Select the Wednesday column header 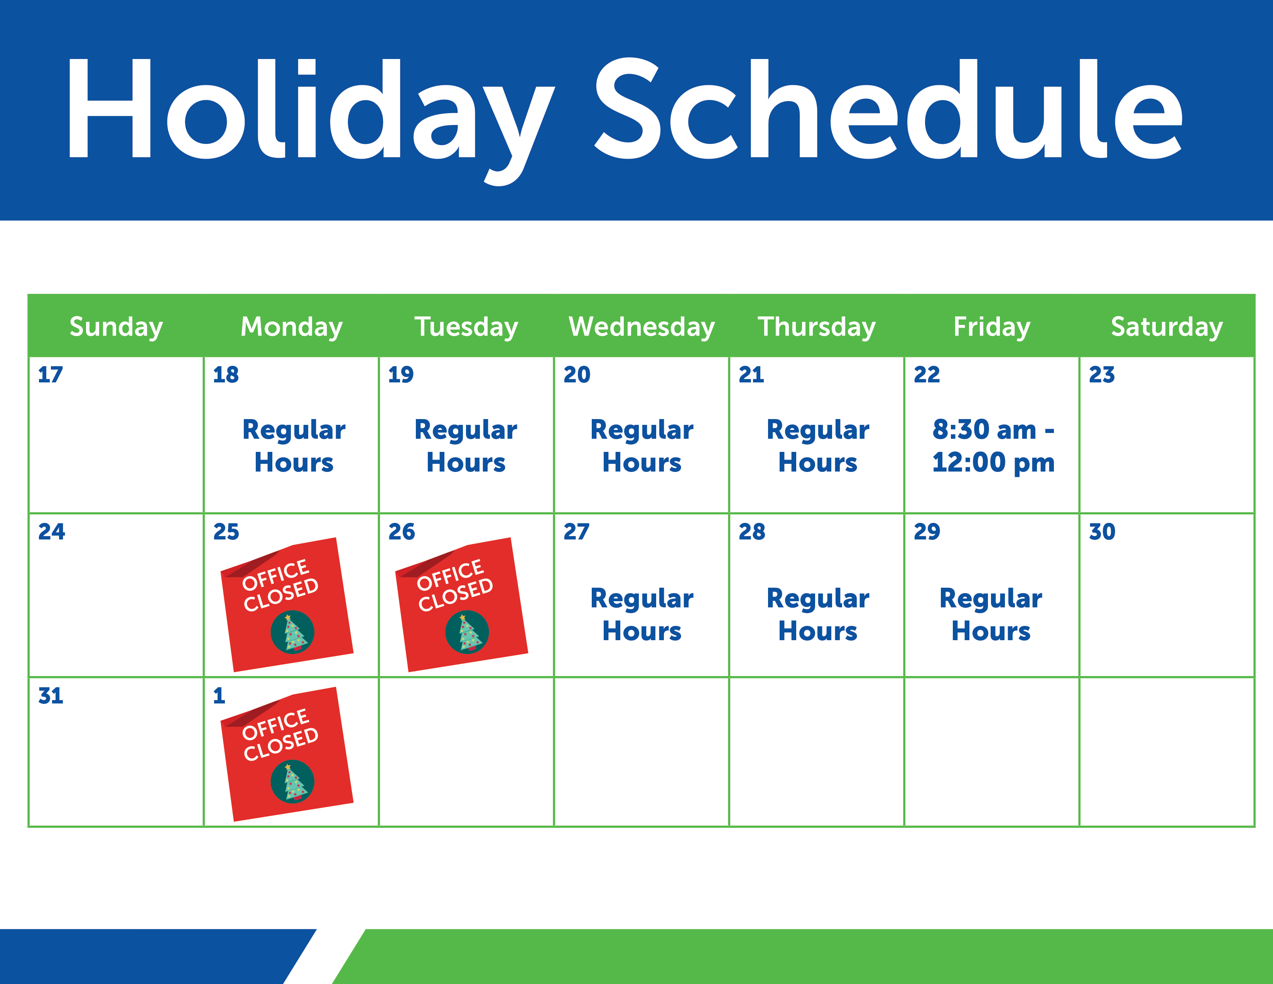coord(642,326)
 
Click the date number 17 coord(50,374)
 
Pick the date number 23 coord(1102,374)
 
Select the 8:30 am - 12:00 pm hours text coord(993,446)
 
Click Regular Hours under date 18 coord(294,446)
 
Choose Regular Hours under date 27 coord(642,615)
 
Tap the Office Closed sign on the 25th coord(287,605)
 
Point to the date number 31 coord(51,695)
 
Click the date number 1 coord(219,695)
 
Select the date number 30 coord(1102,532)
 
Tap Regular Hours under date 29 coord(991,615)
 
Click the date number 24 coord(51,532)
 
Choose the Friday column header coord(992,326)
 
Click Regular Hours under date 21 coord(818,446)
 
